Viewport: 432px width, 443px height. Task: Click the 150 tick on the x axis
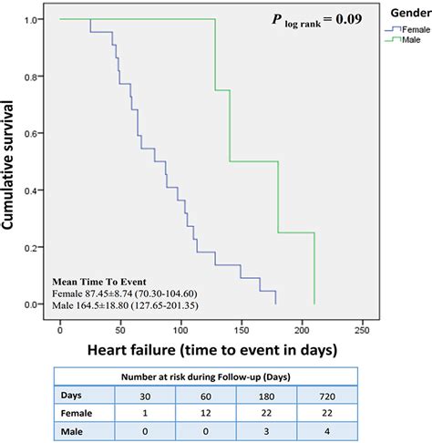(180, 326)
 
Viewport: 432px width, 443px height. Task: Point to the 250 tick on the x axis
(301, 326)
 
